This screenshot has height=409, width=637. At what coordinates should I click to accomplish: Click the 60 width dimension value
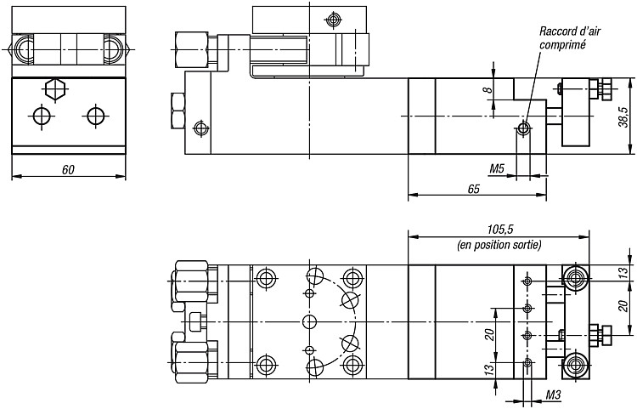68,169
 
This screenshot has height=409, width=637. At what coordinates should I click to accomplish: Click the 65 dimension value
474,189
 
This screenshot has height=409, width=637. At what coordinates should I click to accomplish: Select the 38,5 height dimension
624,116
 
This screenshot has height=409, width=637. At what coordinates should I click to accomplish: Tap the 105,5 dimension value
500,230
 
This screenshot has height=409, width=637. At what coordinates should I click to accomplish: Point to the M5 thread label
497,168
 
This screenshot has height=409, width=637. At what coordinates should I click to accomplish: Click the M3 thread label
553,395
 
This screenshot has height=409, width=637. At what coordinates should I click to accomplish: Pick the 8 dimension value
489,89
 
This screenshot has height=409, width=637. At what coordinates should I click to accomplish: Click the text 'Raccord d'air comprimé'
570,37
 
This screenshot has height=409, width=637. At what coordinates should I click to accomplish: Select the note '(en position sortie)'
499,245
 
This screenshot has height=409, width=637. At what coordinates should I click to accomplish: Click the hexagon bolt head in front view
56,89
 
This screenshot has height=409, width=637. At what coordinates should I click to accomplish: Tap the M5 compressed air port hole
523,129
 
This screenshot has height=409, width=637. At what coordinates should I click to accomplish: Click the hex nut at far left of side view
178,111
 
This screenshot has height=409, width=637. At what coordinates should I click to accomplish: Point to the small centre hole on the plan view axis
309,322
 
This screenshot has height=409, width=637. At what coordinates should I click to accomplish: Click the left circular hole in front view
42,116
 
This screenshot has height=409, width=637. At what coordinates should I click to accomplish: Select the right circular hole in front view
95,116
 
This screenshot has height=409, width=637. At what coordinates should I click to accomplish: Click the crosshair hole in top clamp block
334,19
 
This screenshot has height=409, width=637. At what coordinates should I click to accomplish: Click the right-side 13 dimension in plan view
626,271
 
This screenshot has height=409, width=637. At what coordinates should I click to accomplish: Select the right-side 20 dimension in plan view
626,307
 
